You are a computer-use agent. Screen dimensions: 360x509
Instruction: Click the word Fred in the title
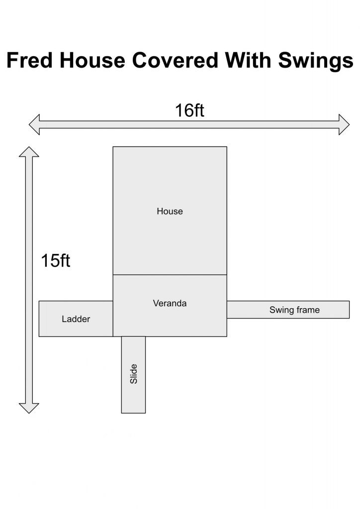(x=29, y=60)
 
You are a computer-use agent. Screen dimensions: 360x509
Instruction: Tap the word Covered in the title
(x=175, y=60)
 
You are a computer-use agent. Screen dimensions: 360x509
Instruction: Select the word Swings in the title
(x=316, y=61)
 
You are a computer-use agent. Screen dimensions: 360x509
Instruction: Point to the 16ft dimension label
(x=189, y=110)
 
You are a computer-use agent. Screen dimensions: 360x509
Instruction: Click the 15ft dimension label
(x=56, y=260)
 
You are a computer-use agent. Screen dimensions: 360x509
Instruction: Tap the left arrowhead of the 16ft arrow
(x=34, y=124)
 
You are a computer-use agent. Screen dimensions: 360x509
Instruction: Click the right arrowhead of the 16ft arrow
(x=344, y=124)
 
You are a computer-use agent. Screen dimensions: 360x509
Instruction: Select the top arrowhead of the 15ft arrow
(x=29, y=152)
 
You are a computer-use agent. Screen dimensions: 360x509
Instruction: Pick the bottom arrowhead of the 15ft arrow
(x=29, y=409)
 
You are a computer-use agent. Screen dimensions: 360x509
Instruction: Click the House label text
(x=170, y=211)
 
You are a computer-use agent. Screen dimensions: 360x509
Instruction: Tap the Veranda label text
(x=170, y=304)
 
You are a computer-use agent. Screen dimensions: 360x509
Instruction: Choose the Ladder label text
(x=76, y=319)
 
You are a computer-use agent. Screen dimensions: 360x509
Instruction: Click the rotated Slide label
(x=134, y=374)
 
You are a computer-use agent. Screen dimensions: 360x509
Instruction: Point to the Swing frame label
(x=294, y=310)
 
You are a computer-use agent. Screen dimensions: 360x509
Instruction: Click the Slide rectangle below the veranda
(x=133, y=375)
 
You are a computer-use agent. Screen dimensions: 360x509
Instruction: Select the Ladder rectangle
(x=76, y=319)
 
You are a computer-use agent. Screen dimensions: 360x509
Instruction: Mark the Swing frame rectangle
(x=288, y=310)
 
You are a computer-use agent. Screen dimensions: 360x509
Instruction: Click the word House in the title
(x=92, y=60)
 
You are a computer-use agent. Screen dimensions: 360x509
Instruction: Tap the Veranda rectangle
(x=170, y=306)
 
